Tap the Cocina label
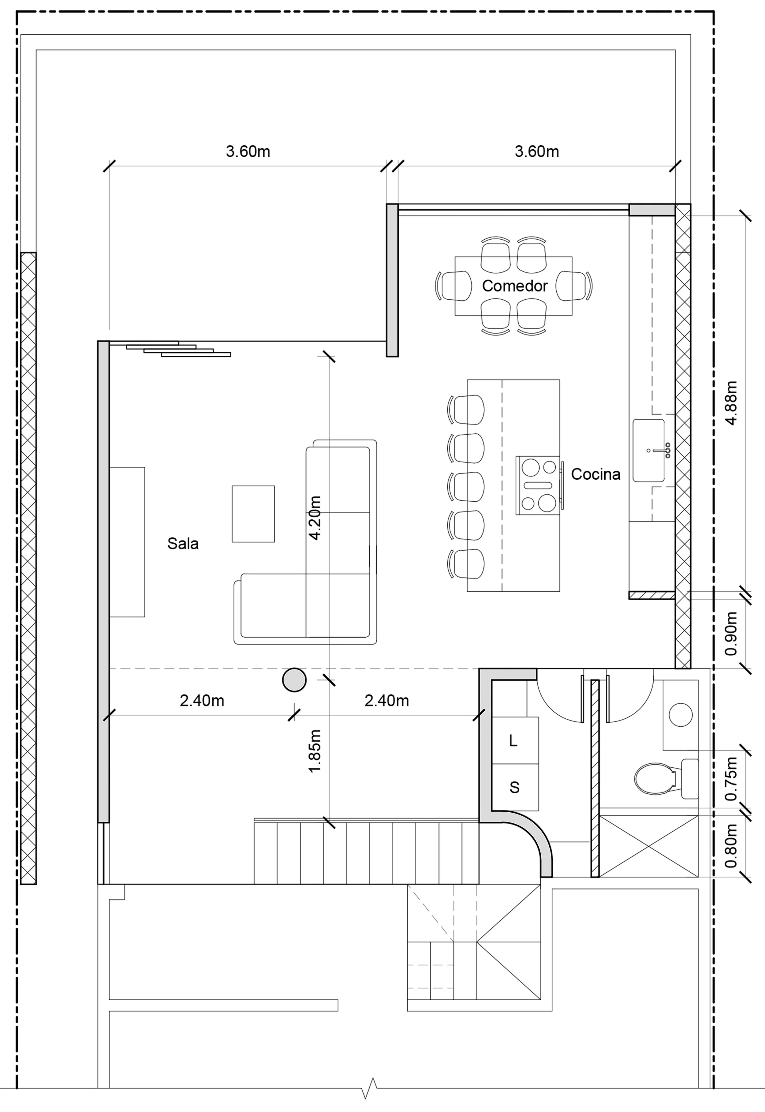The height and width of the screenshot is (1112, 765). (x=595, y=474)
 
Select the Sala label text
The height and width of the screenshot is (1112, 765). (x=183, y=544)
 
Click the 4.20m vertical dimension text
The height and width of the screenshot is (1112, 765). (x=315, y=518)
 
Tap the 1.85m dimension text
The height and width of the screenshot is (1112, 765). (x=315, y=751)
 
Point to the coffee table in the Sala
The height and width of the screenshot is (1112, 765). (x=253, y=514)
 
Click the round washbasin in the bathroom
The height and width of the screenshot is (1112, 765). (x=681, y=715)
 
